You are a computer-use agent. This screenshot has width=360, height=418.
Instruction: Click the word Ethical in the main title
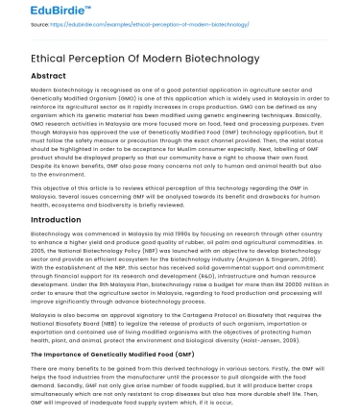pyautogui.click(x=36, y=57)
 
